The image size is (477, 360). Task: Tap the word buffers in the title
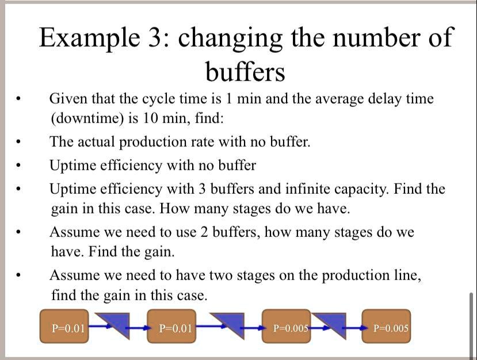click(x=245, y=72)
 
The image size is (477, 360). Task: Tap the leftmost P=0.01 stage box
click(x=64, y=327)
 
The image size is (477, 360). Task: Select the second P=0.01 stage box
click(x=172, y=327)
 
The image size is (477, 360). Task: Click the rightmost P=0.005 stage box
click(x=387, y=327)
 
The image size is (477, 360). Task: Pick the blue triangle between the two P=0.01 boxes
click(x=116, y=324)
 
